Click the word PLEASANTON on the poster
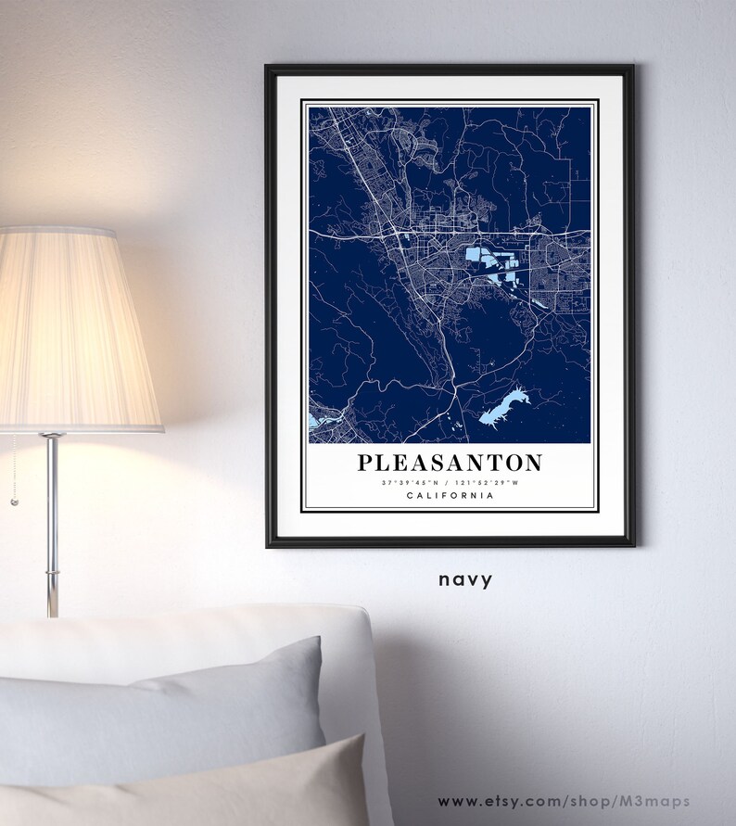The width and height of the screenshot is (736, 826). pyautogui.click(x=450, y=462)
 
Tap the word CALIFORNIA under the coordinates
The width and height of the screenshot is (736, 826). pyautogui.click(x=450, y=497)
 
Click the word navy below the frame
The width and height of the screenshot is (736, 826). pyautogui.click(x=466, y=579)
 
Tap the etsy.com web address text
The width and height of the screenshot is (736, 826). pyautogui.click(x=575, y=799)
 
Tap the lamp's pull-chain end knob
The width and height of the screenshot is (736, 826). pyautogui.click(x=13, y=502)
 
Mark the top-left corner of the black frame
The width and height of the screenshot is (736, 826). pyautogui.click(x=268, y=68)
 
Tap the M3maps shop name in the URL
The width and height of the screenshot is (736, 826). pyautogui.click(x=687, y=799)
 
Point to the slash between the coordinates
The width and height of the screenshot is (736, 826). pyautogui.click(x=450, y=482)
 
